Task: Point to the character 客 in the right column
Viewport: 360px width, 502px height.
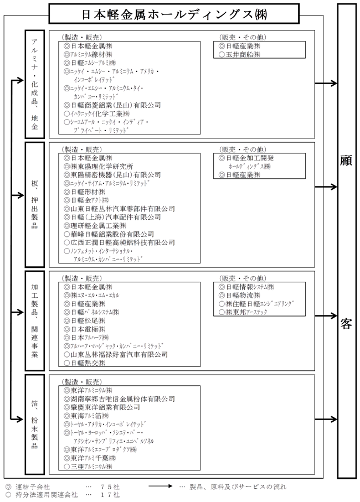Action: (347, 324)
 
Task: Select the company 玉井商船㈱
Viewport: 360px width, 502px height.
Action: (243, 55)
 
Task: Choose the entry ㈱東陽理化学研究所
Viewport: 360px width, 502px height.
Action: (102, 166)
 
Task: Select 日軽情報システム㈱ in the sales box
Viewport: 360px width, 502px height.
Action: (250, 287)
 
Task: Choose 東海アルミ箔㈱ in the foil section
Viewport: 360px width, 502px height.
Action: (89, 416)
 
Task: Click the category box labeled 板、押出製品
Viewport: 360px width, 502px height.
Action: (35, 204)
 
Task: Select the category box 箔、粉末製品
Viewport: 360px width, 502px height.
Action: (35, 424)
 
